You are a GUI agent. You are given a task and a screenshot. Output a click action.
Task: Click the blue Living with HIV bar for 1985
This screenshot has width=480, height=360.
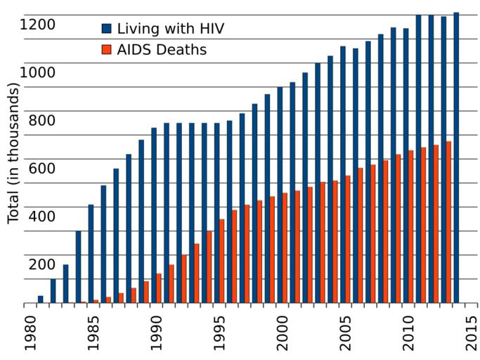pos(91,253)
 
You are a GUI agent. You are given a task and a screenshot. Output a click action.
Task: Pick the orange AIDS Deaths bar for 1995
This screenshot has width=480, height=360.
pos(222,261)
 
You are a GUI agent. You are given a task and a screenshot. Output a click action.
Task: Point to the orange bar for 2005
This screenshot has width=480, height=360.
pos(348,239)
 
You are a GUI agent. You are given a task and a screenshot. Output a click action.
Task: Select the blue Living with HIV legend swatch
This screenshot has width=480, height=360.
pos(107,29)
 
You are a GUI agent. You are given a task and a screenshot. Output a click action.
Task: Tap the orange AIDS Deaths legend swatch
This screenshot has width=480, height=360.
pos(107,49)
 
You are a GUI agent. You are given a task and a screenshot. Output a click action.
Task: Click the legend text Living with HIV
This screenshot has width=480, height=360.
pos(171,29)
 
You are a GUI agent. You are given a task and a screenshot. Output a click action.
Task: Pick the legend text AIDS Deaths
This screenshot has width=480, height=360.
pos(162,49)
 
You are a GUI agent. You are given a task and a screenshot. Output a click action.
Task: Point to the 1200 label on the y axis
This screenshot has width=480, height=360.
pos(37,25)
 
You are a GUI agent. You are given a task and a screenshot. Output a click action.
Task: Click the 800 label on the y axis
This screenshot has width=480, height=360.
pos(41,120)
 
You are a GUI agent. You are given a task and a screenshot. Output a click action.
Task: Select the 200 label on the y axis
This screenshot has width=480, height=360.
pos(41,264)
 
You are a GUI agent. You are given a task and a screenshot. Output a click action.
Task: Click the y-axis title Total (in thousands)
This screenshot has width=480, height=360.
pos(13,153)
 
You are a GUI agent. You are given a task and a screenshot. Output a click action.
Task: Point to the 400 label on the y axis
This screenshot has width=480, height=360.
pos(41,216)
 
